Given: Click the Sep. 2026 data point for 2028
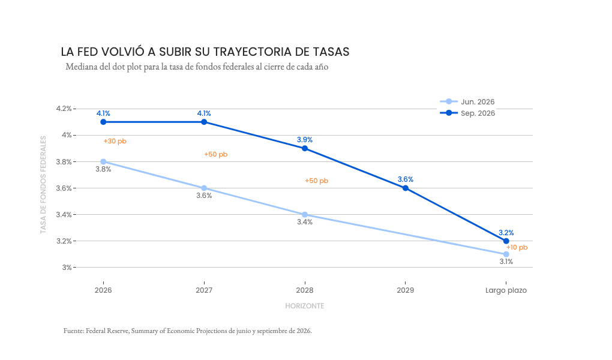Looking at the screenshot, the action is pyautogui.click(x=305, y=148).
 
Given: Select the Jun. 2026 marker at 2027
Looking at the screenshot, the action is pyautogui.click(x=204, y=188).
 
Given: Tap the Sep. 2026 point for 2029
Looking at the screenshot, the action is pyautogui.click(x=406, y=188).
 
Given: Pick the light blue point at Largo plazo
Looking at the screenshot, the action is pyautogui.click(x=506, y=254).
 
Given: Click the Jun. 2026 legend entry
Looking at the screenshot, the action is pyautogui.click(x=467, y=101).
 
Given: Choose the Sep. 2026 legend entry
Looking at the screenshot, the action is pyautogui.click(x=467, y=113).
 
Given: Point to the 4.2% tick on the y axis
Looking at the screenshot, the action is pyautogui.click(x=64, y=109).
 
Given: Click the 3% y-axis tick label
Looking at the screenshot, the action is pyautogui.click(x=67, y=268).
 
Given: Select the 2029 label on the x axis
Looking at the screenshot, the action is pyautogui.click(x=406, y=290).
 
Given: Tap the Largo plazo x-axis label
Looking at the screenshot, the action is pyautogui.click(x=506, y=290).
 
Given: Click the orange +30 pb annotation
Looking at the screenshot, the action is pyautogui.click(x=115, y=142).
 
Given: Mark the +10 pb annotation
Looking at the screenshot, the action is pyautogui.click(x=517, y=248).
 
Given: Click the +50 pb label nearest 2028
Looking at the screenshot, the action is pyautogui.click(x=317, y=181).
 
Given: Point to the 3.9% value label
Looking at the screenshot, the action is pyautogui.click(x=305, y=140).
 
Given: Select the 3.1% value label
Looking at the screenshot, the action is pyautogui.click(x=506, y=262).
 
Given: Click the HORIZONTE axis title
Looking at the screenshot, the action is pyautogui.click(x=305, y=306).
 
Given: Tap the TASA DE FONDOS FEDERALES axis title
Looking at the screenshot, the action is pyautogui.click(x=43, y=185).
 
